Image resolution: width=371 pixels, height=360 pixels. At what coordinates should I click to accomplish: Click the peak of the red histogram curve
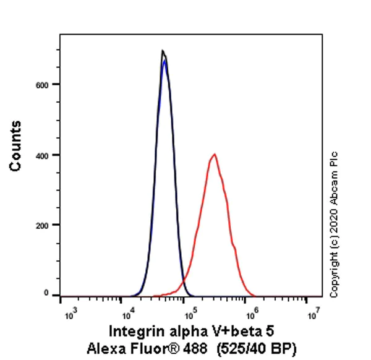tap(214, 155)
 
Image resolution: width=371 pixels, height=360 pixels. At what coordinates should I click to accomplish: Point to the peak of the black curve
tap(162, 51)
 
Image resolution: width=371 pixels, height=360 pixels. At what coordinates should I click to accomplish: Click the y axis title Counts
tap(16, 146)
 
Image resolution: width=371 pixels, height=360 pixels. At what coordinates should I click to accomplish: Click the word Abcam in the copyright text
tap(335, 177)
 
